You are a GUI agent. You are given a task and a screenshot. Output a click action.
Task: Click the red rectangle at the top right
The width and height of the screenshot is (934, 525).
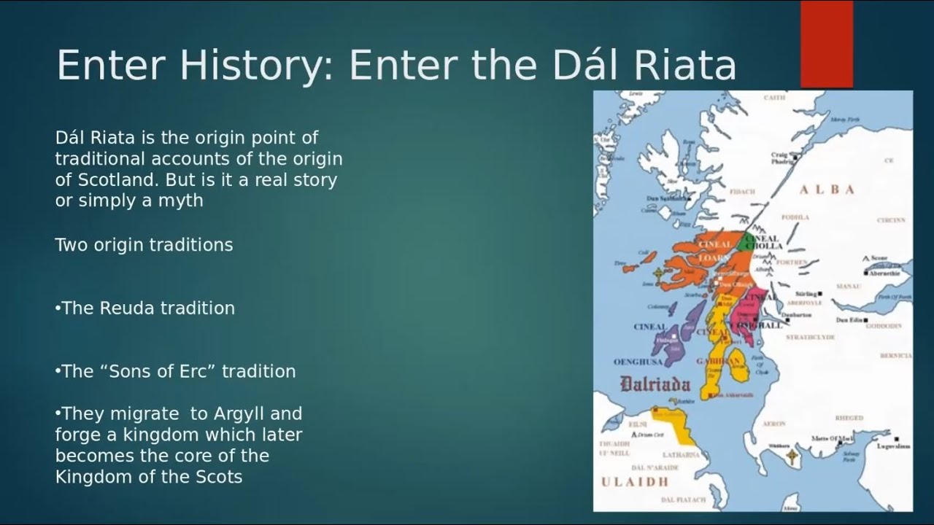coord(826,44)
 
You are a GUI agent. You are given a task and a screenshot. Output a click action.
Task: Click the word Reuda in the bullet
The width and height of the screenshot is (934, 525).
coord(123,308)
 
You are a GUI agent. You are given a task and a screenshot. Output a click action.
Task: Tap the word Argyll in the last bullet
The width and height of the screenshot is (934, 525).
coord(240,414)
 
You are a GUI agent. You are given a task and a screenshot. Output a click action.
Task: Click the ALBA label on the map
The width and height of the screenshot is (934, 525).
coord(827,190)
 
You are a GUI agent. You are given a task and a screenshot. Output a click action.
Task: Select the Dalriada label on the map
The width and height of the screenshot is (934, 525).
coord(655,384)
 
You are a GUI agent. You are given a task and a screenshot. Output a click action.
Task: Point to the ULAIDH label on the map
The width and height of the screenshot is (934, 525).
coord(634,482)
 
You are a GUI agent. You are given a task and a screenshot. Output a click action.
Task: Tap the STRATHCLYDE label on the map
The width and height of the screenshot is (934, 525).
coord(809,338)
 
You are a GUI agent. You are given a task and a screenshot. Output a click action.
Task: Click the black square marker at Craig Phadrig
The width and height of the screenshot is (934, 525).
coord(795,157)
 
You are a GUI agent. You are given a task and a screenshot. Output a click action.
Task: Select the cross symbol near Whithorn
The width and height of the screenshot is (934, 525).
coord(792,457)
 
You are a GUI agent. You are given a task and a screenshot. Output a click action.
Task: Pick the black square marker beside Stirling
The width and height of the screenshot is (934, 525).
coord(822,294)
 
